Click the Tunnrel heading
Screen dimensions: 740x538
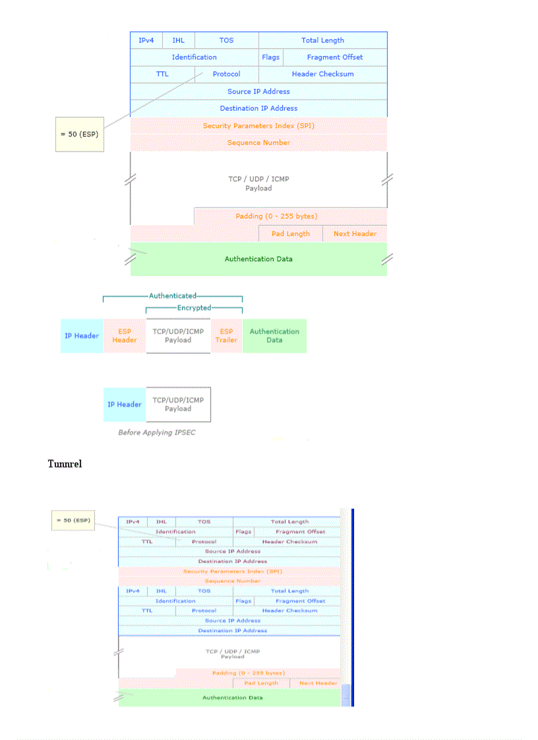point(65,464)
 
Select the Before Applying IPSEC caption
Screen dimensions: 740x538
point(157,433)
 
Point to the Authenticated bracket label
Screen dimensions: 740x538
point(173,296)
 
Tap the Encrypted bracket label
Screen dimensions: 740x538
point(194,308)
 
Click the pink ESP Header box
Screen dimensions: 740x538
point(125,336)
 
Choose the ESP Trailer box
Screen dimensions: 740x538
point(226,336)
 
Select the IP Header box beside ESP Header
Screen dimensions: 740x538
point(82,336)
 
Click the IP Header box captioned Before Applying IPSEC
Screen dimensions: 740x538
point(125,405)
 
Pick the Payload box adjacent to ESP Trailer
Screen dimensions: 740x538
point(178,336)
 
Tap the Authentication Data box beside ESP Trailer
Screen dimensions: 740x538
point(274,336)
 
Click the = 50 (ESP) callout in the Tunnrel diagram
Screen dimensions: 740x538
point(73,521)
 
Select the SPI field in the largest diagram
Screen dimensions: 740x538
point(258,126)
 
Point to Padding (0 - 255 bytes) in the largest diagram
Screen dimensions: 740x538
point(276,216)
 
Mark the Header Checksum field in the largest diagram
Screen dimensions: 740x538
point(322,74)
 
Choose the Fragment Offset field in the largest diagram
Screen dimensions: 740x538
point(334,57)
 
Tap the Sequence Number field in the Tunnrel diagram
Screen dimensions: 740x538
point(232,581)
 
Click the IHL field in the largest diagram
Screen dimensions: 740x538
point(178,40)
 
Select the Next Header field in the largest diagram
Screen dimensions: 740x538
point(355,234)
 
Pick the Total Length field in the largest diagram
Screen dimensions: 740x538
point(322,40)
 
